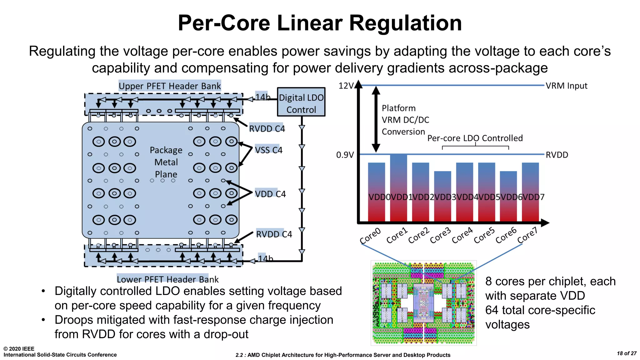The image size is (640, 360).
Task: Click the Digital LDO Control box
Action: point(301,102)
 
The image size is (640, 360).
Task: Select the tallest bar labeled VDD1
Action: point(398,187)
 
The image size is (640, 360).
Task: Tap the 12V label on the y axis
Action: point(346,86)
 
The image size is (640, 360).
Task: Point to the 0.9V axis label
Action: point(345,155)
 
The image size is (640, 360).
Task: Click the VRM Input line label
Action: point(566,86)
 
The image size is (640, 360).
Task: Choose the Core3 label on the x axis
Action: point(440,236)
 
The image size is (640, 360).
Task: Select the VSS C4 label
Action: point(268,150)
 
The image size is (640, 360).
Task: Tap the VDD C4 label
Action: point(270,194)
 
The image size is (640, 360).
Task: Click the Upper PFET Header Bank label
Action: point(170,86)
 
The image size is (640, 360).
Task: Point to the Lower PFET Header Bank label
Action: point(167,279)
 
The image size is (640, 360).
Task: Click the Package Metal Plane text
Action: point(166,162)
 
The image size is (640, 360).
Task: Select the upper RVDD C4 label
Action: point(267,129)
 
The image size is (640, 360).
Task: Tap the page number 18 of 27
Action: point(626,353)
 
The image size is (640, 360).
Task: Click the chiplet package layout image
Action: point(423,303)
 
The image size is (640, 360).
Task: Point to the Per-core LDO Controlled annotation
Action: point(475,138)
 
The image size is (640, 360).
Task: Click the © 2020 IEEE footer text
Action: point(19,349)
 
